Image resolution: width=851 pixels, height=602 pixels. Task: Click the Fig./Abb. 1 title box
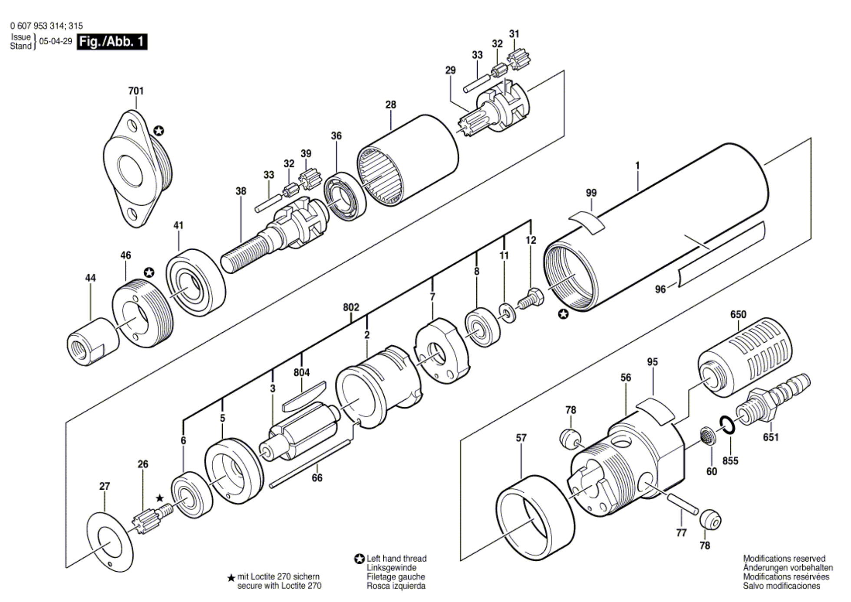click(112, 42)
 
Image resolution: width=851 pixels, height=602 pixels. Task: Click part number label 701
click(136, 91)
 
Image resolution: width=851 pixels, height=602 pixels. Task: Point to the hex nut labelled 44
click(93, 342)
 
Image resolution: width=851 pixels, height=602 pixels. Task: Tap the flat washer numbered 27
click(109, 541)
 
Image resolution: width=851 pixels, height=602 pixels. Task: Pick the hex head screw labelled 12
click(531, 299)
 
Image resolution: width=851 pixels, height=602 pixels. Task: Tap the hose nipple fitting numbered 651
click(773, 399)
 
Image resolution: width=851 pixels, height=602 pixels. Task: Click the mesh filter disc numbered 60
click(708, 435)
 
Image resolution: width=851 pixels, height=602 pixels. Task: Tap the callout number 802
click(351, 308)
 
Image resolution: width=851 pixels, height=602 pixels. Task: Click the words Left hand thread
click(396, 559)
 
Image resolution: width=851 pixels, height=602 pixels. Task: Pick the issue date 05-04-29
click(56, 42)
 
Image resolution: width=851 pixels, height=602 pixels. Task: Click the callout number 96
click(660, 289)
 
